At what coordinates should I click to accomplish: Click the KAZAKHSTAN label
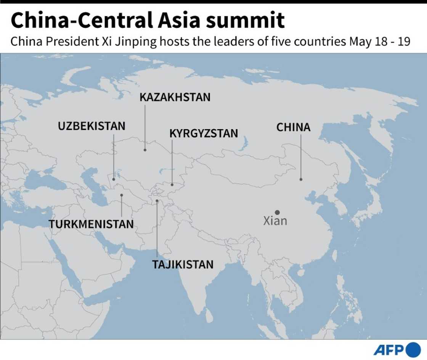[175, 97]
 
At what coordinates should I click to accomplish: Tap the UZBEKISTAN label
[91, 126]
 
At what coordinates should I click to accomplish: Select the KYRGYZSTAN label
[204, 133]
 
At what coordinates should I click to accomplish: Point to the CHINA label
[294, 127]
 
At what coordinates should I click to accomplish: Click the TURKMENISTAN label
[91, 224]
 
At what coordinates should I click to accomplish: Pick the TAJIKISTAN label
[183, 264]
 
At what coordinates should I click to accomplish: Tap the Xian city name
[275, 221]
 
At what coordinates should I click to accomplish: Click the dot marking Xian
[277, 212]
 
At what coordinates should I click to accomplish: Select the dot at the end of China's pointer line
[301, 179]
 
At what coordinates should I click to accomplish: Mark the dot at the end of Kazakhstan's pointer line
[145, 150]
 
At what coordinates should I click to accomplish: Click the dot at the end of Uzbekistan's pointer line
[114, 179]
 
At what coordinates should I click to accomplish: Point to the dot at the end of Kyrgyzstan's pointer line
[172, 185]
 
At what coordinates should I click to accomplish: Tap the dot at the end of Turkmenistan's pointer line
[122, 195]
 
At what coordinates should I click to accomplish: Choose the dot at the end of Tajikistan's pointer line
[157, 201]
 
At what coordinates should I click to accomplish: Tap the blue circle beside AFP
[413, 350]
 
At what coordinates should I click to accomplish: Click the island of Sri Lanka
[209, 315]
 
